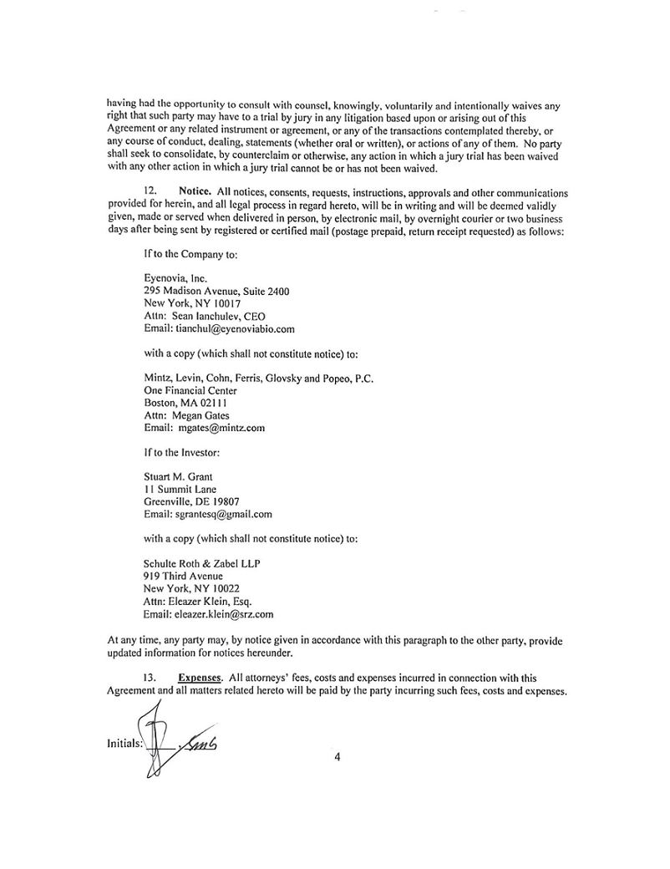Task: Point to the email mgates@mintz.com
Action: [x=216, y=428]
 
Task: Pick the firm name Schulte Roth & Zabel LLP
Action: [x=201, y=562]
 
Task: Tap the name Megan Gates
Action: [x=201, y=414]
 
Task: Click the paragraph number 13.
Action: [x=150, y=678]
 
